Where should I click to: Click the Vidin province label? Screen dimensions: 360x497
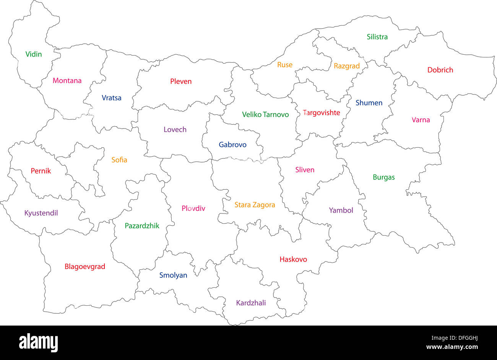coord(34,54)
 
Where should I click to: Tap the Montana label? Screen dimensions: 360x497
coord(67,81)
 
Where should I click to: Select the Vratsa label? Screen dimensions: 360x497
coord(111,98)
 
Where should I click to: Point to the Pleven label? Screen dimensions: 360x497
coord(181,81)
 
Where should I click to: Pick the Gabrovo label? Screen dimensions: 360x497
coord(232,145)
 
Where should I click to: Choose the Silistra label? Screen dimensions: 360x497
coord(377,37)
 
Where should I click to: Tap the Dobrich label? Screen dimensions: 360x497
coord(440,70)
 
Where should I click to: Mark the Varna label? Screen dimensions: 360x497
coord(421,120)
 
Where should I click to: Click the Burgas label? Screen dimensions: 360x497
coord(383,178)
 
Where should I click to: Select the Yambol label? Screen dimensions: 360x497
coord(341,210)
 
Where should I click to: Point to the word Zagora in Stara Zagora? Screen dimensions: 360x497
coord(263,205)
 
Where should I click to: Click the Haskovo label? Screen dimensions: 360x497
coord(293,259)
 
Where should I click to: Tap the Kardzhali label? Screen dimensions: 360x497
coord(251,303)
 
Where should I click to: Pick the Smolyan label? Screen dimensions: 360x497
coord(173,275)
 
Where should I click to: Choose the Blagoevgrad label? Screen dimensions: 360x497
coord(85,267)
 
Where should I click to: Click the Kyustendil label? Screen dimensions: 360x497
coord(41,213)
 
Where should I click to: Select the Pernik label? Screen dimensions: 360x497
coord(41,171)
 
